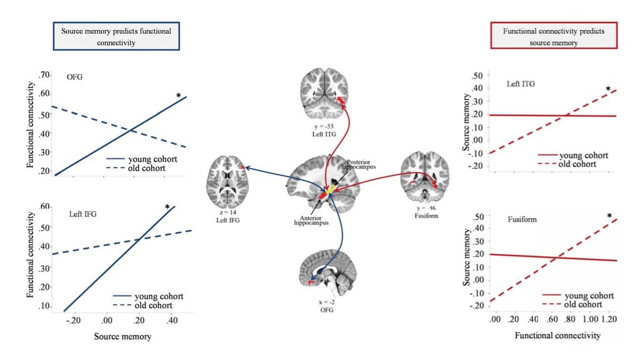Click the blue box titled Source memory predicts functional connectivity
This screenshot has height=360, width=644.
115,36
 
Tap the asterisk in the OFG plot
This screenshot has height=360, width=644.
178,96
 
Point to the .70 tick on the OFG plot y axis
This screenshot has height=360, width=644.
43,74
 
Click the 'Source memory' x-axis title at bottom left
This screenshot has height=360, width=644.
122,336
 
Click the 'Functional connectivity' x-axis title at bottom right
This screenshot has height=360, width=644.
557,336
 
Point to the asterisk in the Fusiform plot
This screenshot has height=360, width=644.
609,217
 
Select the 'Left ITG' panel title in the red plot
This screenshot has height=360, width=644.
521,84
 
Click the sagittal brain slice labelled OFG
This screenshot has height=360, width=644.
323,274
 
